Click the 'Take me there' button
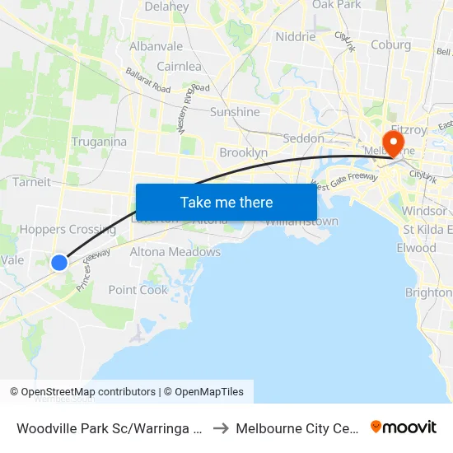pos(226,202)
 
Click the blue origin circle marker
pos(59,263)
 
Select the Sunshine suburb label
pos(235,112)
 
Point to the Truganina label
pos(99,142)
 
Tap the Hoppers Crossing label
pos(68,230)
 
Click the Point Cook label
pos(138,289)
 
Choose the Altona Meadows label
pos(175,251)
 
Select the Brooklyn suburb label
pos(243,152)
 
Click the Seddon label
pos(303,138)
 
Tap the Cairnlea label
pos(178,66)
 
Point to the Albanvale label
pos(156,46)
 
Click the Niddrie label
pos(296,36)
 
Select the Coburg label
pos(391,44)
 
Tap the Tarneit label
pos(31,182)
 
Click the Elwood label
pos(416,247)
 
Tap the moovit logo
pos(404,427)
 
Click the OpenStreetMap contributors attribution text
pos(88,392)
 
